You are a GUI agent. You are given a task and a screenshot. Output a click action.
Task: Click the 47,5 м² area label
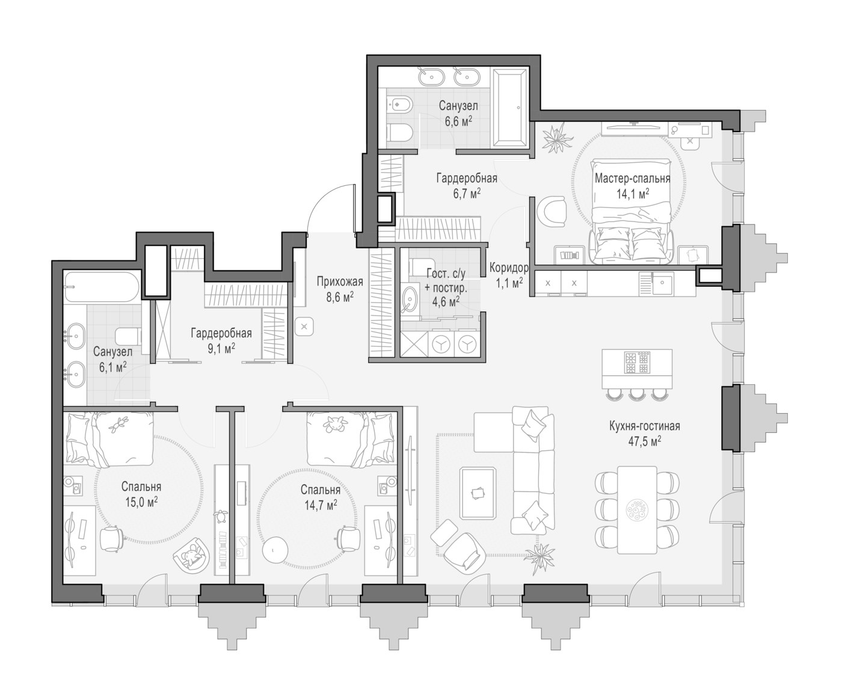click(644, 441)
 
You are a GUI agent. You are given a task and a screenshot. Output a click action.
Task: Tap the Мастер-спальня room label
click(632, 178)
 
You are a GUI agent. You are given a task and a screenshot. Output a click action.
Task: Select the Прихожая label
click(340, 282)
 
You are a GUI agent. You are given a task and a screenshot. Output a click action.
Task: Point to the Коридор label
click(509, 268)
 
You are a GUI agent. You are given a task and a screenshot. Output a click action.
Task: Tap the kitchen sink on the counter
click(662, 283)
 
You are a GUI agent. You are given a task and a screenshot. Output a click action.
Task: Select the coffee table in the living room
click(478, 493)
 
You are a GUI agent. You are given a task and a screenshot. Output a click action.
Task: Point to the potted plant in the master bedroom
click(558, 138)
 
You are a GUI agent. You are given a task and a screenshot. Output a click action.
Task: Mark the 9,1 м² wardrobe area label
click(221, 348)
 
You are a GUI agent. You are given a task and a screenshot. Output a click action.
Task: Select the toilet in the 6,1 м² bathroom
click(128, 336)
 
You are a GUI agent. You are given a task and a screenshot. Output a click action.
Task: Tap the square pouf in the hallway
click(304, 327)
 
